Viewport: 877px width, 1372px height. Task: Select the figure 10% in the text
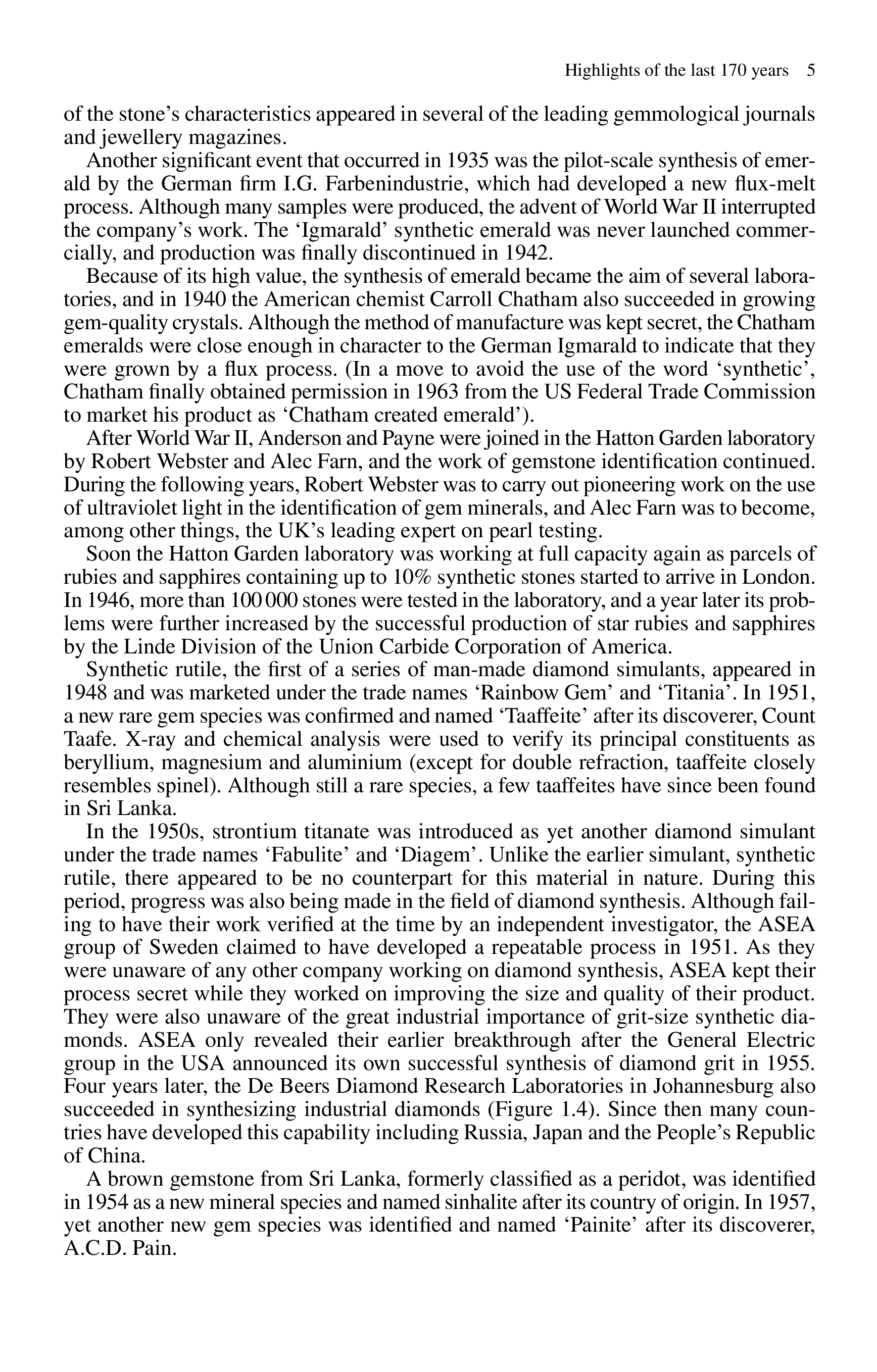tap(411, 577)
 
